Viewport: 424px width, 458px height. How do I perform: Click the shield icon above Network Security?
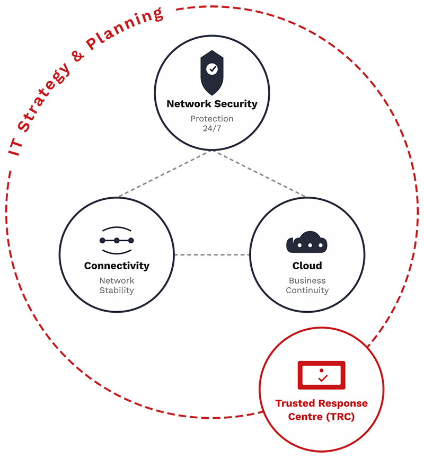pyautogui.click(x=211, y=73)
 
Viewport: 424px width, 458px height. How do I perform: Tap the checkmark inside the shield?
pyautogui.click(x=211, y=69)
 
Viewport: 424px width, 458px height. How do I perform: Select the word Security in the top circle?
pyautogui.click(x=235, y=104)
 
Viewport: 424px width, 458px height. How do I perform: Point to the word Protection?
pyautogui.click(x=212, y=119)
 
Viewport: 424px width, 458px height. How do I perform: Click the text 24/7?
pyautogui.click(x=212, y=128)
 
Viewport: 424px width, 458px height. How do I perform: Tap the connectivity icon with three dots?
pyautogui.click(x=117, y=240)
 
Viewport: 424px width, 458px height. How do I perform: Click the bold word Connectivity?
pyautogui.click(x=117, y=266)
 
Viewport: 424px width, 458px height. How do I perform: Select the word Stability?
pyautogui.click(x=117, y=290)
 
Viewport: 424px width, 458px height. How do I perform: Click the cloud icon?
pyautogui.click(x=307, y=242)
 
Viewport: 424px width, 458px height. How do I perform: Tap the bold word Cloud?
pyautogui.click(x=307, y=266)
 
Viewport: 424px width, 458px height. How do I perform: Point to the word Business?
pyautogui.click(x=307, y=280)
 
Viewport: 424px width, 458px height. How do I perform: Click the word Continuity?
pyautogui.click(x=307, y=290)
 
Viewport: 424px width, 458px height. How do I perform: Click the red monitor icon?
pyautogui.click(x=321, y=375)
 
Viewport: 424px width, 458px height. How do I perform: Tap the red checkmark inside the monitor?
pyautogui.click(x=322, y=378)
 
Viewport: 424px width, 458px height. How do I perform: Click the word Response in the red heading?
pyautogui.click(x=343, y=403)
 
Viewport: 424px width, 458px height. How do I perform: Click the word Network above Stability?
pyautogui.click(x=117, y=280)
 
